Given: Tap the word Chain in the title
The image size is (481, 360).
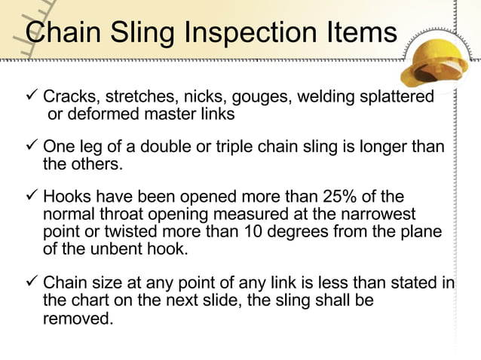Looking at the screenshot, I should click(59, 32).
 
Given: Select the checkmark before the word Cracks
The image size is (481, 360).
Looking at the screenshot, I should click(32, 96).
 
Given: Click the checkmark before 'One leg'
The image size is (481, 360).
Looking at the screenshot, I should click(32, 146).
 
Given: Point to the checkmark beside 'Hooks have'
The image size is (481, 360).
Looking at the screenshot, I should click(32, 197).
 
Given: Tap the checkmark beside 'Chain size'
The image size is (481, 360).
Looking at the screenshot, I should click(32, 283).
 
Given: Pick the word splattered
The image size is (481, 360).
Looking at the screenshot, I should click(397, 97).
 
